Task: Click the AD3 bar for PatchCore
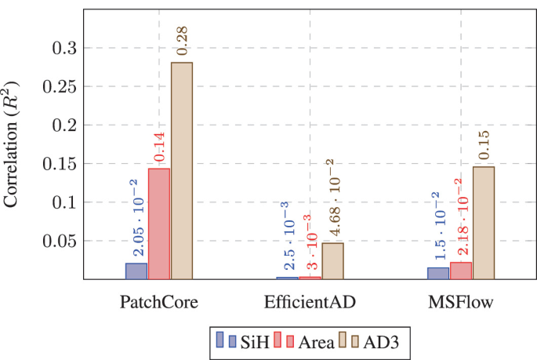click(182, 170)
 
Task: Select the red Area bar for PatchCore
click(159, 224)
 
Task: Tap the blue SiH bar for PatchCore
click(136, 271)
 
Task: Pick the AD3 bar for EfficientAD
click(332, 260)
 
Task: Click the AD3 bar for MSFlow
click(484, 223)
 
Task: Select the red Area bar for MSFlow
click(461, 270)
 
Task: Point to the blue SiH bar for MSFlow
click(438, 273)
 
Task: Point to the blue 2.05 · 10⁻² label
click(136, 220)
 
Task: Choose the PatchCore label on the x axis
click(158, 302)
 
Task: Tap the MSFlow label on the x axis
click(461, 301)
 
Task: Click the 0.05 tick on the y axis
click(63, 241)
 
